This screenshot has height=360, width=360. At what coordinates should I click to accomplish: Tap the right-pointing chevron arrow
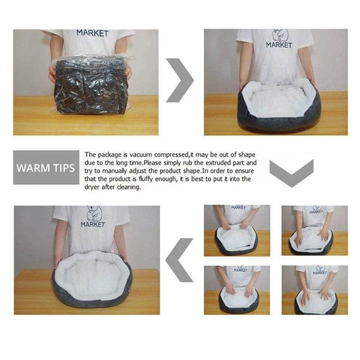coord(180,80)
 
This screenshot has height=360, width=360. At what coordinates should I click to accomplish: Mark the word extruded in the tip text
coord(205,163)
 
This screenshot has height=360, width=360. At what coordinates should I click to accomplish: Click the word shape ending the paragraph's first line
coord(247,155)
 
